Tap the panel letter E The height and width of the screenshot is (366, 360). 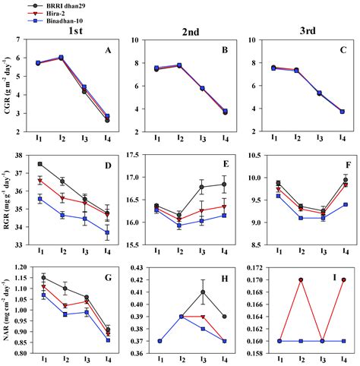(225, 162)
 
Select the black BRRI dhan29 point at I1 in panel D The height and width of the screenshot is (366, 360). (39, 164)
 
